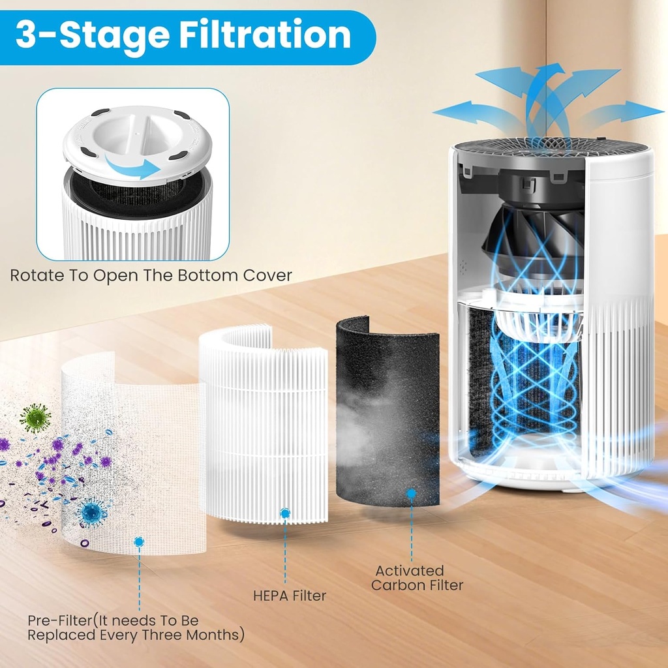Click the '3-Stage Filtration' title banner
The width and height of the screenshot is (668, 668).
point(183,35)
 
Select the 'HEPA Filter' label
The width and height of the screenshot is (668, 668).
point(289,596)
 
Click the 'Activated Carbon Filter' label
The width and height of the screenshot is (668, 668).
point(417,578)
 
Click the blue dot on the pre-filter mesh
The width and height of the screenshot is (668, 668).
point(138,541)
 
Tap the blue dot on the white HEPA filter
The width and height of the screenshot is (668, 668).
point(285,513)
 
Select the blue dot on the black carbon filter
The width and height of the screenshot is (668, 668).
point(411,494)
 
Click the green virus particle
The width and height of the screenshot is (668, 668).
point(35,417)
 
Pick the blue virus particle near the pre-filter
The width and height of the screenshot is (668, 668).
point(91,513)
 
